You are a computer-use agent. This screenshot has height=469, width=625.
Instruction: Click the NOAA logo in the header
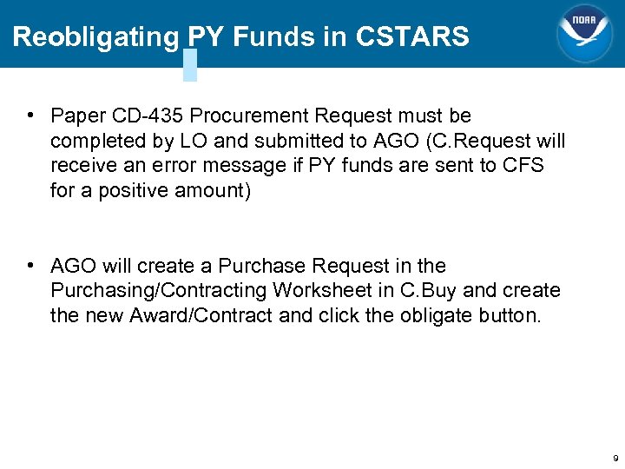(583, 34)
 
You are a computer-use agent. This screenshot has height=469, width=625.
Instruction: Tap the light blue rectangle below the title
(190, 64)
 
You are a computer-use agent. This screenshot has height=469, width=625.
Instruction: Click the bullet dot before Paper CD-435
(30, 116)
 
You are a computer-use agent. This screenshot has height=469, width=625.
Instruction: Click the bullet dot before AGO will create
(30, 266)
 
